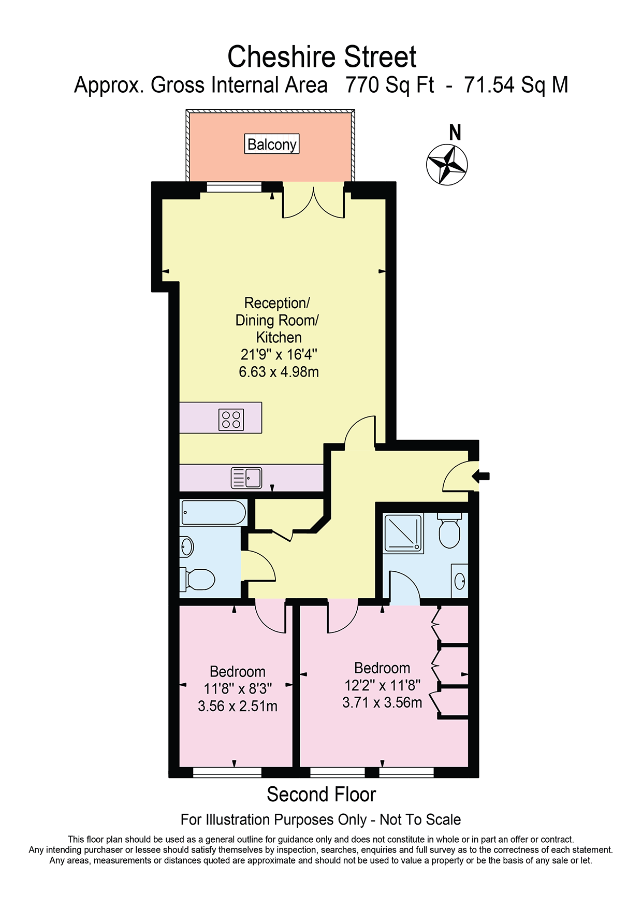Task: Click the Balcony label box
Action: pos(272,144)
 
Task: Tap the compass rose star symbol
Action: pos(447,165)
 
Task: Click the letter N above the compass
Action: pos(455,133)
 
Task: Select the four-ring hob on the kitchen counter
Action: pos(231,420)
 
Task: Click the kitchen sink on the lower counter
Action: pos(246,478)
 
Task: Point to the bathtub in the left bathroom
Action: pos(213,513)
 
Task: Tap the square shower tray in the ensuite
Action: pos(403,533)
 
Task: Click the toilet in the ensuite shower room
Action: pos(449,530)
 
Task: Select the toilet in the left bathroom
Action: pos(197,579)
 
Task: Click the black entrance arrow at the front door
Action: pos(480,476)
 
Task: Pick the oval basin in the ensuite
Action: pos(460,581)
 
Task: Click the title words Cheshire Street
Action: pos(322,56)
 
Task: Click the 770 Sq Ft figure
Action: pos(390,85)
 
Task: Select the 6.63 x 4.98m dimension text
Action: pos(279,372)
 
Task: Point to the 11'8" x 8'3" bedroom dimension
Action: pos(238,689)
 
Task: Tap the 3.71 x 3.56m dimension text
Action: pos(382,702)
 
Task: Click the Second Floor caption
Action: pos(321,795)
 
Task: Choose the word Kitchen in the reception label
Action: pos(279,338)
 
